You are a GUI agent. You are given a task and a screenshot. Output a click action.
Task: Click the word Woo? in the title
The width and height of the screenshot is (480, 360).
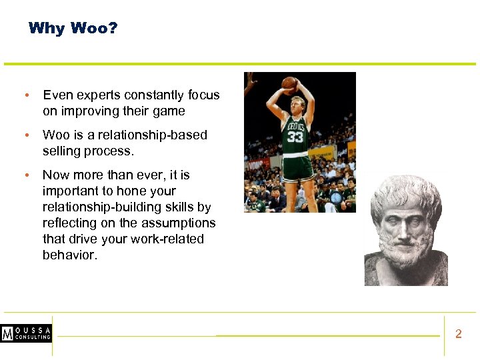pos(93,28)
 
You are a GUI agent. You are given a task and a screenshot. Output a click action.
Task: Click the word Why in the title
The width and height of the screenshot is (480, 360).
pos(46,28)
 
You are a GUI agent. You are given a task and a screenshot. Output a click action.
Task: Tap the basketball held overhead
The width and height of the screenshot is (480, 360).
pos(289,83)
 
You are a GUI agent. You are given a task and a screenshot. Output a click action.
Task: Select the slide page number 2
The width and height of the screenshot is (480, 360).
pos(458,334)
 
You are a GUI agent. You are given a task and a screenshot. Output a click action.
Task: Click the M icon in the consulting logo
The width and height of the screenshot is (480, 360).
pos(8,334)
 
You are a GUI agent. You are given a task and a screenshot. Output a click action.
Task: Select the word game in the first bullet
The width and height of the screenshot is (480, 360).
pos(169,111)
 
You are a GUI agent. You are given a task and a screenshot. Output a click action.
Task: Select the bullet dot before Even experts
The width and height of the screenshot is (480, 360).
pos(26,95)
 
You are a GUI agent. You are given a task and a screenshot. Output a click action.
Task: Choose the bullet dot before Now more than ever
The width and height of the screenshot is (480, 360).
pos(26,175)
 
